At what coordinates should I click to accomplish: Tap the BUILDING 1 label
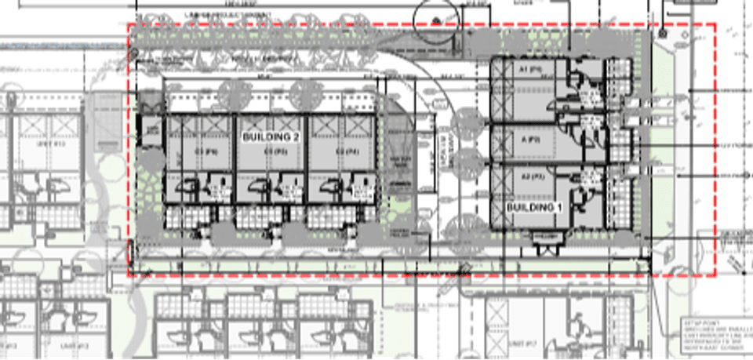[533, 206]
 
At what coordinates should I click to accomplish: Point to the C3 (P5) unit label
[271, 151]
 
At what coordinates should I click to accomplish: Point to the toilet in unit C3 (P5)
[259, 187]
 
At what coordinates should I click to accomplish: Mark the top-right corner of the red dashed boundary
[715, 24]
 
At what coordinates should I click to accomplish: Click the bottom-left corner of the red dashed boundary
[129, 275]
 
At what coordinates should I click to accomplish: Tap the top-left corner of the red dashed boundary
[129, 24]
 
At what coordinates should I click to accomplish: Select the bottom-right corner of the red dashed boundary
[715, 275]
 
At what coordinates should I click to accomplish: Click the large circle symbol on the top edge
[435, 14]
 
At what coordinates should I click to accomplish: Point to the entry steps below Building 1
[547, 245]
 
